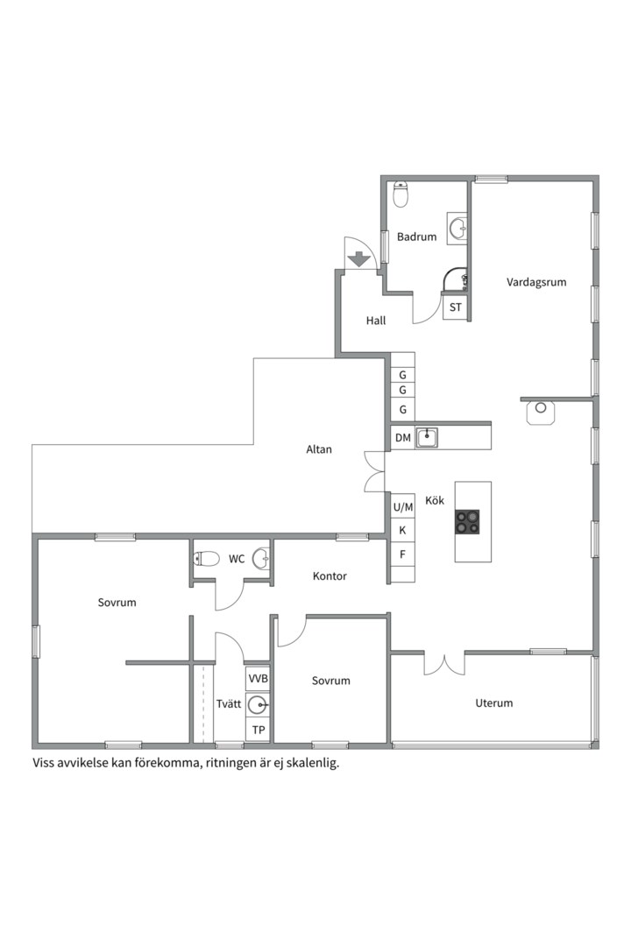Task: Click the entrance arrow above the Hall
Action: (359, 258)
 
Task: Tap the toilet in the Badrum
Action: (401, 194)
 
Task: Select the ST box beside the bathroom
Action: (455, 307)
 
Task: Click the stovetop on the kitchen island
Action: (467, 522)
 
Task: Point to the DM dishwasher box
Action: (403, 438)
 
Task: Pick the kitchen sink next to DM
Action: (427, 437)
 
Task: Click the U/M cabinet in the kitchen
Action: (403, 507)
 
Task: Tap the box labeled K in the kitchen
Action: (403, 531)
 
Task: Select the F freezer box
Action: (403, 554)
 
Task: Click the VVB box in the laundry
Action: (258, 679)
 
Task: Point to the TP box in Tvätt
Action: (258, 730)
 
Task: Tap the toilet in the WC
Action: (207, 559)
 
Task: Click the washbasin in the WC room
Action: (261, 559)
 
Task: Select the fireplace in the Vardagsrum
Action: (541, 413)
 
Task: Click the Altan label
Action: (319, 449)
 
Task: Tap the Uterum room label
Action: (494, 702)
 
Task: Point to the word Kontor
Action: (330, 576)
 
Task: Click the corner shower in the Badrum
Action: (456, 280)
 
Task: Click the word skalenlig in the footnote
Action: (313, 763)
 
